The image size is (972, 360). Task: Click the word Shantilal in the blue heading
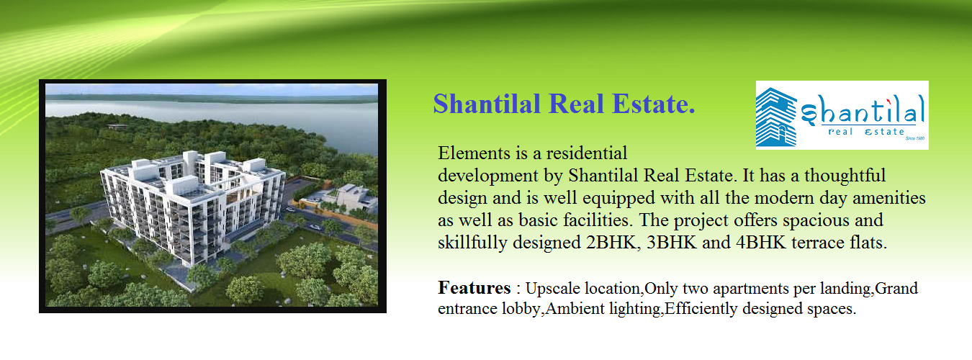[x=487, y=104]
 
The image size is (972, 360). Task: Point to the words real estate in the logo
[x=866, y=132]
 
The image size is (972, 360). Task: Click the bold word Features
[x=474, y=287]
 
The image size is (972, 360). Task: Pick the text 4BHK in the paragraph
[x=760, y=243]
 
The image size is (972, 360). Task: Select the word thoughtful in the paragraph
[x=845, y=175]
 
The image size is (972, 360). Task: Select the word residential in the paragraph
[x=587, y=153]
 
